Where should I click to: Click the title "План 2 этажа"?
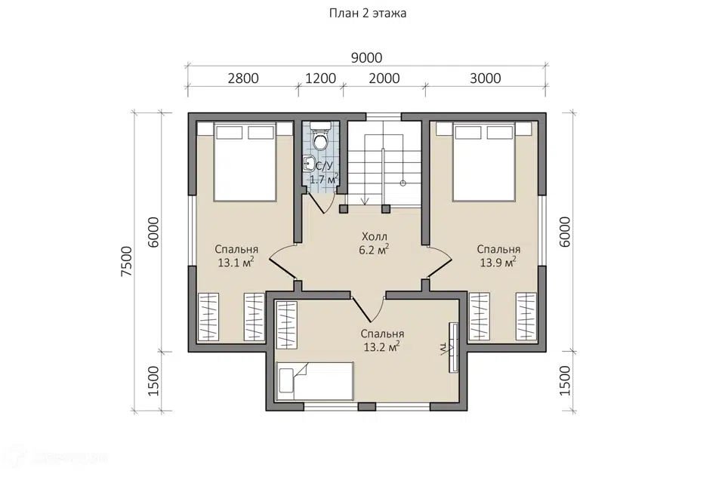368,14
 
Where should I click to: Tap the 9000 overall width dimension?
367,58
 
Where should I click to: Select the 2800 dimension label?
243,78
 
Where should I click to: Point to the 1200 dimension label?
320,78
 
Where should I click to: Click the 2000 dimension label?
384,78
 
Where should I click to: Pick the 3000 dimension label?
486,78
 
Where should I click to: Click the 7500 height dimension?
126,262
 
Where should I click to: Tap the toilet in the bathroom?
319,136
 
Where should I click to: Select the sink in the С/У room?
310,164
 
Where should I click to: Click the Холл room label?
374,237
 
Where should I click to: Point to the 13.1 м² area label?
236,263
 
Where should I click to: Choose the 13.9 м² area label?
498,263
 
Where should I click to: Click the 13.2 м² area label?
381,347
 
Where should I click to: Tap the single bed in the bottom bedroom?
315,381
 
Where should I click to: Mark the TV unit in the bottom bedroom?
454,346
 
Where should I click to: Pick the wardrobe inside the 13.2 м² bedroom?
287,325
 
